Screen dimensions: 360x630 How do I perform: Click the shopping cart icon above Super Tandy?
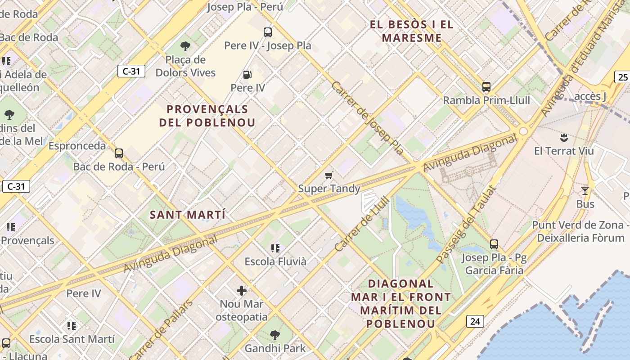pyautogui.click(x=329, y=175)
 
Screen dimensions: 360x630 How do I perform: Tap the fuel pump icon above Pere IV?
pyautogui.click(x=247, y=74)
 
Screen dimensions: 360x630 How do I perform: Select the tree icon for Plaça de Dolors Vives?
pyautogui.click(x=185, y=46)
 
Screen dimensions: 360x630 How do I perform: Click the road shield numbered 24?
pyautogui.click(x=475, y=321)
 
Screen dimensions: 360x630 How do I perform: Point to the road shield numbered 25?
pyautogui.click(x=623, y=77)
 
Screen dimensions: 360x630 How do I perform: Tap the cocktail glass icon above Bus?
pyautogui.click(x=585, y=191)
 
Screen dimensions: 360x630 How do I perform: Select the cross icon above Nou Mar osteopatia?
pyautogui.click(x=242, y=291)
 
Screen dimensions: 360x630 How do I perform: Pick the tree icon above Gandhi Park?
pyautogui.click(x=275, y=335)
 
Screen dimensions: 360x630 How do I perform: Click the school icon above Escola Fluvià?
pyautogui.click(x=275, y=248)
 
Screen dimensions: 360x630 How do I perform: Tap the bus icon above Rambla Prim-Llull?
pyautogui.click(x=486, y=86)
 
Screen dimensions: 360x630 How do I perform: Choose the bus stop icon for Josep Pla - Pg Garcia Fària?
pyautogui.click(x=494, y=244)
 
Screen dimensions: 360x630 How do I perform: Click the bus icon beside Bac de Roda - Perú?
pyautogui.click(x=119, y=153)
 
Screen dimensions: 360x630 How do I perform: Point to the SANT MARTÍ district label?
pyautogui.click(x=188, y=215)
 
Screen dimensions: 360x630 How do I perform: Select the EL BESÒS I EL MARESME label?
pyautogui.click(x=412, y=31)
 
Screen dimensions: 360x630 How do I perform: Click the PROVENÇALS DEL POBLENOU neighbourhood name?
pyautogui.click(x=207, y=116)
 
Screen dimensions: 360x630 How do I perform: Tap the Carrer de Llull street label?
pyautogui.click(x=361, y=224)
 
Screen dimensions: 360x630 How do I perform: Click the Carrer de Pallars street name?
pyautogui.click(x=161, y=329)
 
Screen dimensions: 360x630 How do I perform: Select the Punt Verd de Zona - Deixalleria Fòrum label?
pyautogui.click(x=580, y=231)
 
